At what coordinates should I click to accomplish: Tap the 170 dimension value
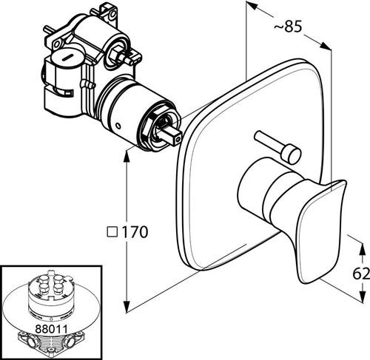(135, 232)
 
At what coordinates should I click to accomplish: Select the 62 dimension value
(361, 274)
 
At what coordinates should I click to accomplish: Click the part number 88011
(51, 329)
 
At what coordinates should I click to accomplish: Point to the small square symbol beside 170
(112, 232)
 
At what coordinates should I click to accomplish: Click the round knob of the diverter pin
(292, 154)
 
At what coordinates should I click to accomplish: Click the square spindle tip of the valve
(171, 135)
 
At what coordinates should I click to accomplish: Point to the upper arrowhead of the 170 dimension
(127, 157)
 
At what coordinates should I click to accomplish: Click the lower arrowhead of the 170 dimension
(127, 307)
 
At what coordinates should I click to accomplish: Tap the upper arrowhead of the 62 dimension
(363, 248)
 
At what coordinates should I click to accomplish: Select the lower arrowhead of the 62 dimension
(363, 297)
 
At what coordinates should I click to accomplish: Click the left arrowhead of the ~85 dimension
(252, 5)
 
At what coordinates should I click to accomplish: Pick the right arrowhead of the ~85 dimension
(326, 46)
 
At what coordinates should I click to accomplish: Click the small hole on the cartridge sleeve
(118, 126)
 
